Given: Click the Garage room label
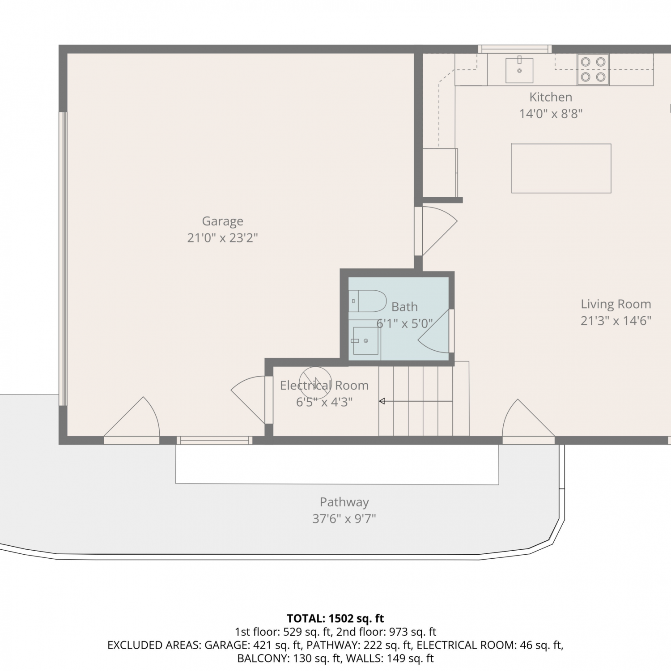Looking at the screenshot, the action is click(x=222, y=221).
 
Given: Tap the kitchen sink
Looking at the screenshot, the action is click(x=519, y=70).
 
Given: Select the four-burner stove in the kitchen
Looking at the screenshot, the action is click(x=593, y=69).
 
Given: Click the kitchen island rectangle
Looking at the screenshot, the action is click(x=561, y=168).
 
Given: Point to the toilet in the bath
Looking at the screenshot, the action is click(x=367, y=301).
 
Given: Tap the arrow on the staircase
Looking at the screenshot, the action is click(x=416, y=401).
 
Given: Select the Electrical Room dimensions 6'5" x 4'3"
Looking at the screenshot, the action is click(x=324, y=402).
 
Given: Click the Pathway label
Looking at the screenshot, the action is click(x=344, y=502).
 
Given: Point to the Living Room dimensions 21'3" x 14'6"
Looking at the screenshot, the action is click(x=616, y=321).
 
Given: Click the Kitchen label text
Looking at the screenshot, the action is click(x=551, y=97).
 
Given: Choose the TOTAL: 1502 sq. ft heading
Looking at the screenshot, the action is click(x=335, y=618).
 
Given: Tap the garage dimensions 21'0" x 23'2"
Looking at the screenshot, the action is click(x=222, y=238).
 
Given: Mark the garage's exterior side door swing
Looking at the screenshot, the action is click(x=132, y=418).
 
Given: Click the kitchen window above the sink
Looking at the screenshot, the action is click(x=515, y=49).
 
